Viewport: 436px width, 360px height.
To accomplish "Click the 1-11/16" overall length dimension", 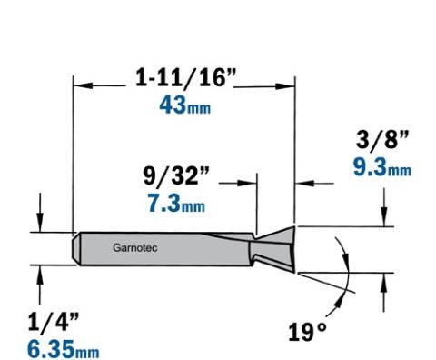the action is tap(185, 77).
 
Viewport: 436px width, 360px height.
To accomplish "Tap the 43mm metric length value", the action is tap(185, 105).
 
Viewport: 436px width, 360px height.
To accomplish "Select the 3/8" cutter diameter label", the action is tap(382, 140).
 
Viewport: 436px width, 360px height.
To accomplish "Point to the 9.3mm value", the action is tap(382, 167).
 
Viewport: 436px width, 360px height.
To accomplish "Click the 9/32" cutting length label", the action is tap(176, 175).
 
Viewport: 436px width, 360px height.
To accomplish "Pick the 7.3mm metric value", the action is tap(176, 203).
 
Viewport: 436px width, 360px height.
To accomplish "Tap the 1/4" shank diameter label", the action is tap(54, 322).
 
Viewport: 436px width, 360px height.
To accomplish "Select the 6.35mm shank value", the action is tap(64, 349).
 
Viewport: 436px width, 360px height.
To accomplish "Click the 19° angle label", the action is tap(307, 332).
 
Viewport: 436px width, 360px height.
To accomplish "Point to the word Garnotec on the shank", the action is tap(135, 248).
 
